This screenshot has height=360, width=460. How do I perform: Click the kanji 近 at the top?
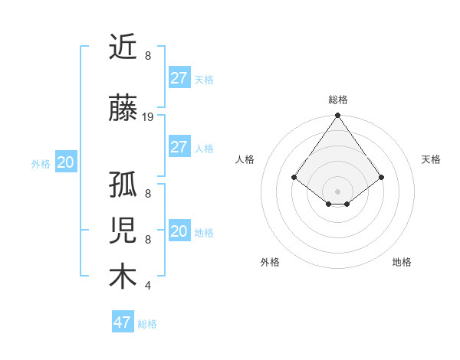123,48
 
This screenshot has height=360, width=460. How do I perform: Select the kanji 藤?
123,110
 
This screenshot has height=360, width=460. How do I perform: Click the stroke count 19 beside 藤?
148,117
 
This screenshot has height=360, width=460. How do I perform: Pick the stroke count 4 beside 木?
147,286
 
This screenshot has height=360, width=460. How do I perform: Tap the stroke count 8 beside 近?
147,56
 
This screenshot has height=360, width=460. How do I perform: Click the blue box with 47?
123,322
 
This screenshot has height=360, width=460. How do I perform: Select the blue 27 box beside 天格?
179,78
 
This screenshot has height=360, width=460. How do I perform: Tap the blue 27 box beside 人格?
179,147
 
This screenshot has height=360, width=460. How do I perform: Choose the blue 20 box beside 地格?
179,231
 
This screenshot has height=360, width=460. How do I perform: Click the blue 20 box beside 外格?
66,162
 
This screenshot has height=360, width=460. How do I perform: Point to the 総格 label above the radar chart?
337,100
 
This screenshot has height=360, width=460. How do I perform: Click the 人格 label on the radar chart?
245,159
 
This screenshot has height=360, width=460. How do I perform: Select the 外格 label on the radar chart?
270,262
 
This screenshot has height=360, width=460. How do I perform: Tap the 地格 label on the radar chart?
402,262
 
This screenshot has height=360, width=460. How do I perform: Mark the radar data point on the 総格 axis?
337,116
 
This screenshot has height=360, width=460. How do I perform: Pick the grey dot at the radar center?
337,191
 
